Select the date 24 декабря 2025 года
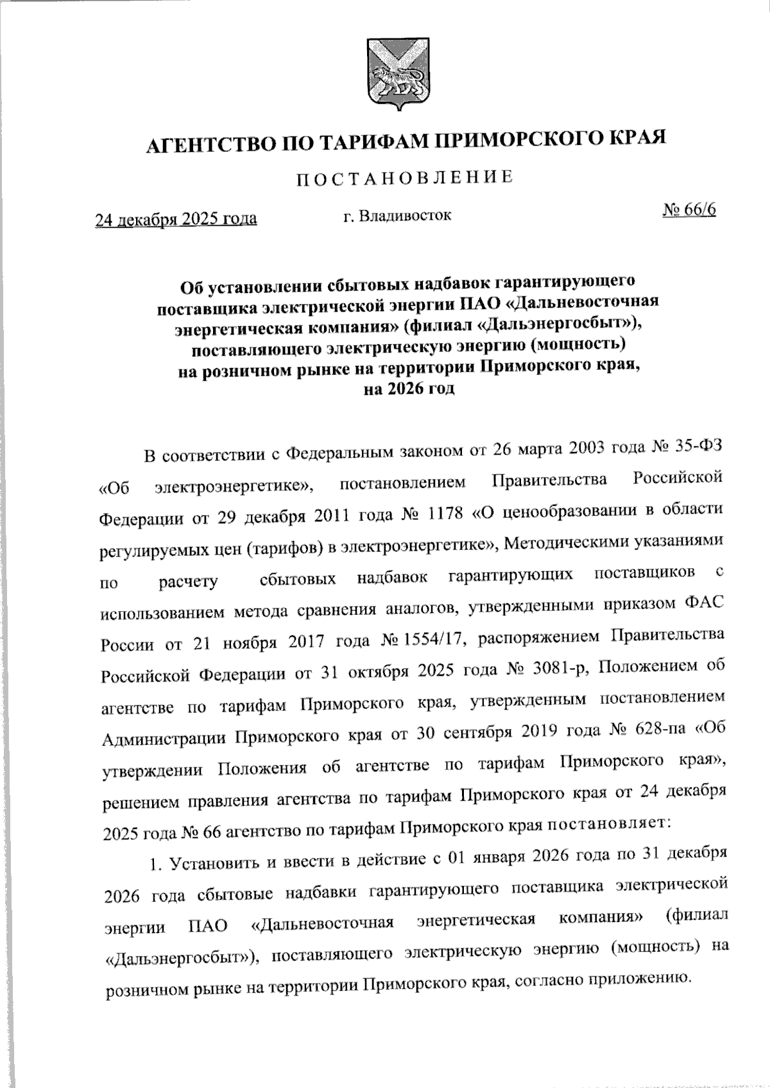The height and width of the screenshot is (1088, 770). point(176,219)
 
